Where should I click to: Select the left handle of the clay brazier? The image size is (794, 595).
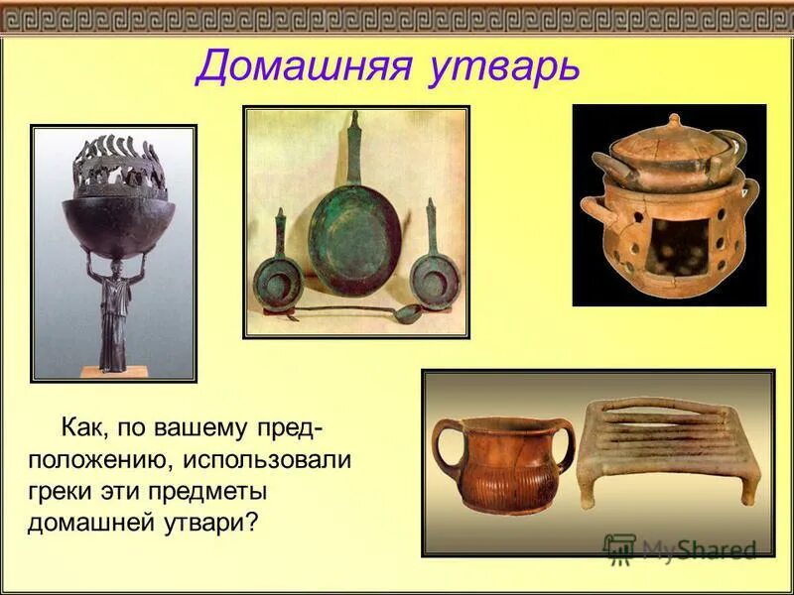(x=593, y=211)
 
